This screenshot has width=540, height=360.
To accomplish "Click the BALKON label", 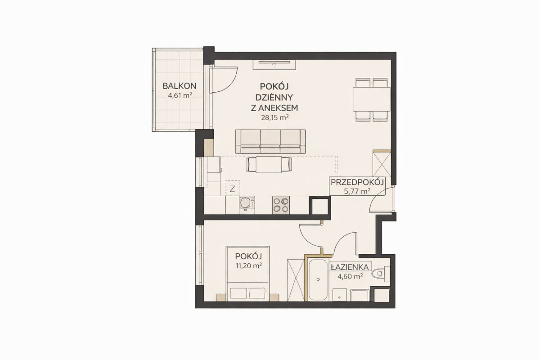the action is click(x=180, y=86).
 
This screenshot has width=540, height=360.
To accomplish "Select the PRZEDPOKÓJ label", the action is click(x=357, y=182).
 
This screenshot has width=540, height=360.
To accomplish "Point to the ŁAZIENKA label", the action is click(x=350, y=267).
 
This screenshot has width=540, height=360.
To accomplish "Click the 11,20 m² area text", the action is click(x=249, y=265).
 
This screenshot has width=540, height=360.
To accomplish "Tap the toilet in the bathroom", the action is click(x=381, y=274).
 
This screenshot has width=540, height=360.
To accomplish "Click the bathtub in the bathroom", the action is click(x=318, y=280).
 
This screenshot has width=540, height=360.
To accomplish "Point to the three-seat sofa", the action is click(x=270, y=141).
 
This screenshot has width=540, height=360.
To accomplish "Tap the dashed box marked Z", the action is click(x=232, y=188).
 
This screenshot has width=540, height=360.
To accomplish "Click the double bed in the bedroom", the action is click(x=248, y=274).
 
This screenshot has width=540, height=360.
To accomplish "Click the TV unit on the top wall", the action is click(x=274, y=65).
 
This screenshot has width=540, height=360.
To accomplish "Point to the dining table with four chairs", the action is click(x=372, y=99).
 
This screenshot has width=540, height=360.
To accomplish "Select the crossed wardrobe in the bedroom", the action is click(x=296, y=280).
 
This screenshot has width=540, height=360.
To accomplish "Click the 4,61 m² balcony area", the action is click(x=180, y=95).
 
